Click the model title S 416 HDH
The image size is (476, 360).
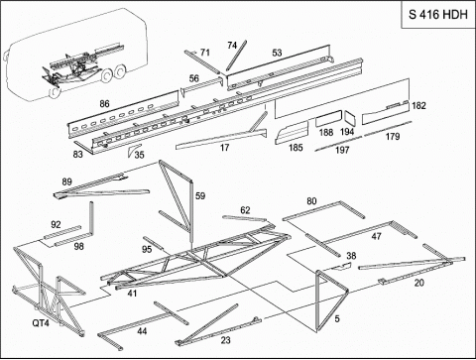pyautogui.click(x=438, y=15)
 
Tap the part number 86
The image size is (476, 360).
pyautogui.click(x=104, y=104)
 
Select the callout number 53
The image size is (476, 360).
pyautogui.click(x=277, y=53)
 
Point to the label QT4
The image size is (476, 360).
pyautogui.click(x=41, y=322)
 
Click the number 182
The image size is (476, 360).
pyautogui.click(x=418, y=106)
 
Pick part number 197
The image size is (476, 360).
pyautogui.click(x=342, y=150)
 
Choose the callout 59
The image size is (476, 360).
pyautogui.click(x=200, y=196)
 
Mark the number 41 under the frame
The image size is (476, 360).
pyautogui.click(x=132, y=293)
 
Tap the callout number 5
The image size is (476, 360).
pyautogui.click(x=337, y=318)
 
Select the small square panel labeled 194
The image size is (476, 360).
pyautogui.click(x=350, y=118)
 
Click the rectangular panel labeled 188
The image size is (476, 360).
pyautogui.click(x=328, y=119)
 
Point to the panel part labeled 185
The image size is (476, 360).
pyautogui.click(x=292, y=133)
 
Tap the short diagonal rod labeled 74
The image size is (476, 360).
pyautogui.click(x=237, y=55)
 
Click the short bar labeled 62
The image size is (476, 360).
pyautogui.click(x=245, y=218)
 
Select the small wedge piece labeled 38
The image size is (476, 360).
pyautogui.click(x=341, y=266)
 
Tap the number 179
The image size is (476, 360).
pyautogui.click(x=393, y=137)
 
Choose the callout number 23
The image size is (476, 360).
pyautogui.click(x=226, y=340)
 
